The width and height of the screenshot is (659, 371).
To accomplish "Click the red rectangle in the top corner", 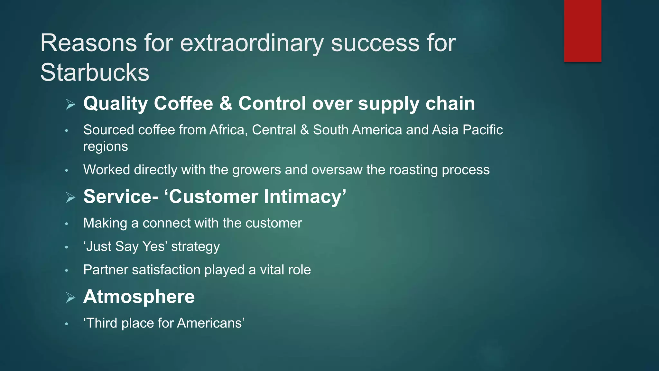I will click(x=582, y=31).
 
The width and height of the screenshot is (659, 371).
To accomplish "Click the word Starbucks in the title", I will click(x=95, y=72).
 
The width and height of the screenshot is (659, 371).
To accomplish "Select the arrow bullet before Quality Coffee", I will click(x=70, y=104).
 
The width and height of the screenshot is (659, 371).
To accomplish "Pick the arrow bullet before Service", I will click(x=70, y=197).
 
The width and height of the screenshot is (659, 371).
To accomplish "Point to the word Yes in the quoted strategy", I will click(x=153, y=247).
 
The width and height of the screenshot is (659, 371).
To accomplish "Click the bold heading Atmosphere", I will click(x=139, y=297).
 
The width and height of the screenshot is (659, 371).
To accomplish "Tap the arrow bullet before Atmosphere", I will click(x=70, y=297).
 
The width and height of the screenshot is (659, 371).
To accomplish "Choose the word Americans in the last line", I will click(x=209, y=323).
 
